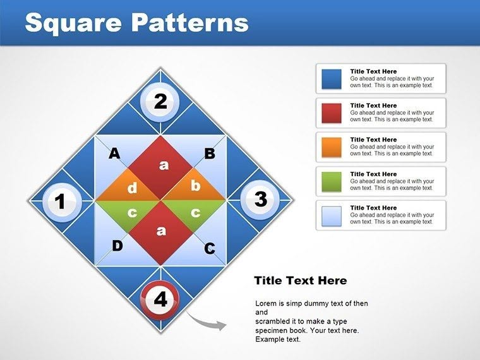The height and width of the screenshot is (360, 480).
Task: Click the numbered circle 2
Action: (160, 101)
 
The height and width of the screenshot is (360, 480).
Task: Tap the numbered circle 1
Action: (61, 202)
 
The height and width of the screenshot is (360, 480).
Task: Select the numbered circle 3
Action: (260, 200)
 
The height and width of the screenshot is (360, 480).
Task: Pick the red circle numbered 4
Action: (160, 299)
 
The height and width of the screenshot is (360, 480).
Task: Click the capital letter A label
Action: (114, 153)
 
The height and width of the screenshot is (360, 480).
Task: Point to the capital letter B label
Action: (210, 153)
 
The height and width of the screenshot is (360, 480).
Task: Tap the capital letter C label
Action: (210, 249)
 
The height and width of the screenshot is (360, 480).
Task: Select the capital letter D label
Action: (117, 246)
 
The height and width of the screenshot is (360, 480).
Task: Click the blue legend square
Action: (332, 79)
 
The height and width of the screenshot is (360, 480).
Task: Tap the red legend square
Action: (332, 113)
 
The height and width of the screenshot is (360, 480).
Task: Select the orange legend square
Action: (332, 147)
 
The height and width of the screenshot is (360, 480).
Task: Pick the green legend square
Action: (332, 181)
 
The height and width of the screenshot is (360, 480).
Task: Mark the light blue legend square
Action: (332, 215)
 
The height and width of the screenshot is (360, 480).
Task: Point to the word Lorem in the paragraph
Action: (266, 304)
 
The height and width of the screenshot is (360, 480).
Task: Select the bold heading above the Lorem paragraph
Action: (300, 280)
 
